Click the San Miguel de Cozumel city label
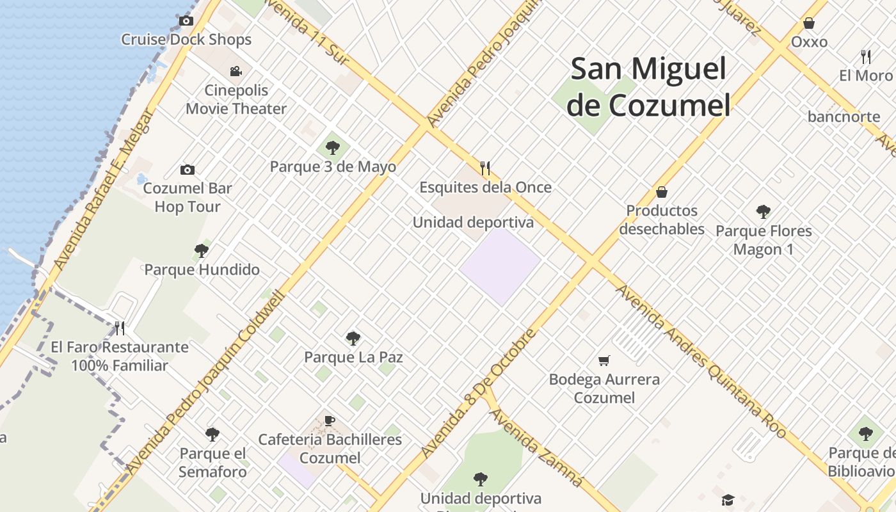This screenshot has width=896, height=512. point(648,87)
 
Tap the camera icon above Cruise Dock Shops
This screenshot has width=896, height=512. point(186,21)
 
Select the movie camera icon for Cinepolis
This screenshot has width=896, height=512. point(236,71)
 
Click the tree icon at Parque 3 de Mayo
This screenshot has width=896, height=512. point(332,148)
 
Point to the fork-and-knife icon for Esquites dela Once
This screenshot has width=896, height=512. point(485,168)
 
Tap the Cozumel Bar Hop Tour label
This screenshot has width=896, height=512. point(187,197)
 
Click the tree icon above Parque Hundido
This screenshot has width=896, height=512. point(202,250)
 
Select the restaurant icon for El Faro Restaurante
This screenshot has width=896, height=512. point(120,328)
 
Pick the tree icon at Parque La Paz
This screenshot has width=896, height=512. point(353,338)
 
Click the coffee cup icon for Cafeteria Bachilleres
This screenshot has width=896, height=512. point(330,420)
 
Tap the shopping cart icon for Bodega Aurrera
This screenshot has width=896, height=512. point(604,361)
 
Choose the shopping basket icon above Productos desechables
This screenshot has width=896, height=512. point(662,192)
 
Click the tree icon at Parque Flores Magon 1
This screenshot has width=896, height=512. point(763,212)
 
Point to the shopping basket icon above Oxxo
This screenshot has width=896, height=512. point(809,24)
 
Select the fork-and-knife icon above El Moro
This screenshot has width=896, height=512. point(866,57)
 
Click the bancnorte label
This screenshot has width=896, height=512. point(844,116)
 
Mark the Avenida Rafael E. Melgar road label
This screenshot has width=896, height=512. point(104,189)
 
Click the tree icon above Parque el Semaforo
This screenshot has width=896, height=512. point(212,435)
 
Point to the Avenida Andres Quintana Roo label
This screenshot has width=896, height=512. point(701,362)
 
